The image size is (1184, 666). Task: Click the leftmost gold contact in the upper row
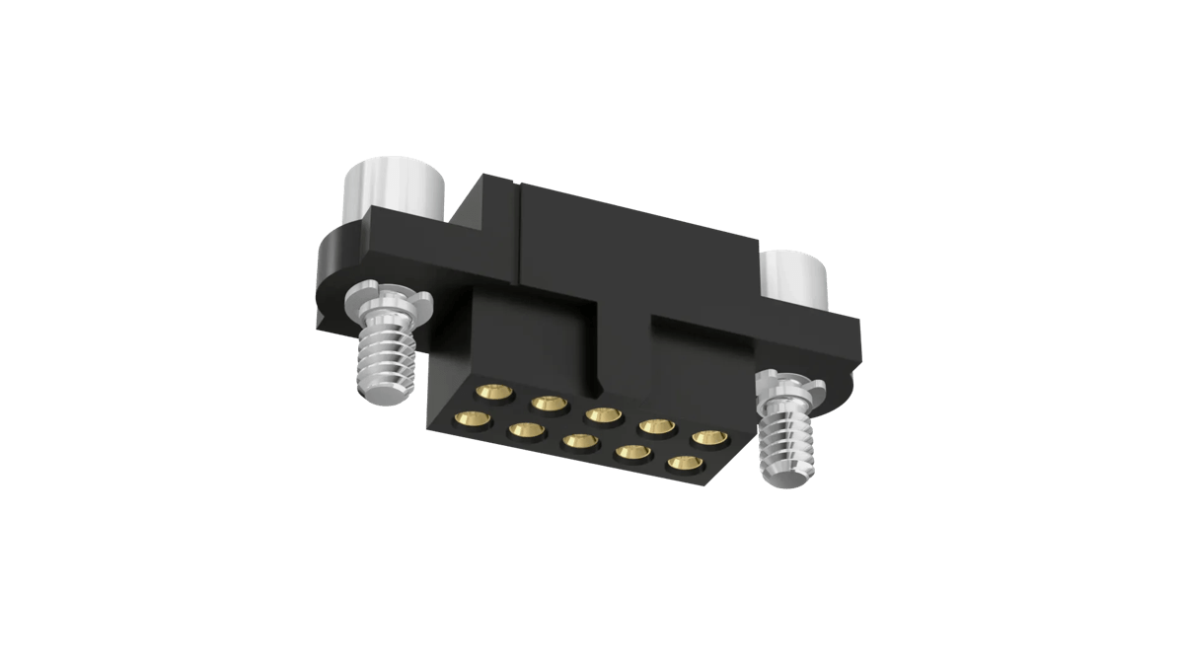pyautogui.click(x=494, y=392)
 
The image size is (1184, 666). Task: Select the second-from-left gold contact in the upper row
pyautogui.click(x=548, y=404)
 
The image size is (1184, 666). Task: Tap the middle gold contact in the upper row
pyautogui.click(x=601, y=414)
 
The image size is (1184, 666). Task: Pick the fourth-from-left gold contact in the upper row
pyautogui.click(x=654, y=426)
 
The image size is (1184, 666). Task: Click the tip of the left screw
pyautogui.click(x=386, y=396)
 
